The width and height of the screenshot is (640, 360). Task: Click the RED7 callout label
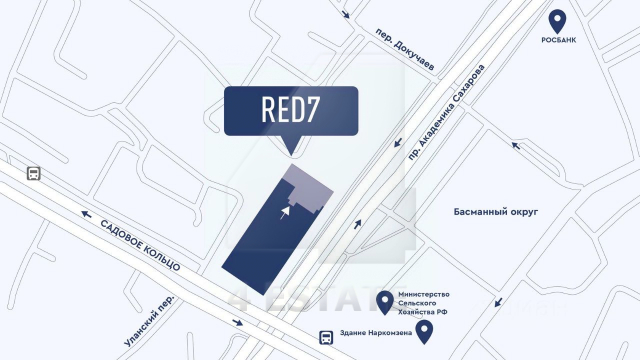291,110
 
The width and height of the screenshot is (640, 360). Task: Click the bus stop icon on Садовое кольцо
34,173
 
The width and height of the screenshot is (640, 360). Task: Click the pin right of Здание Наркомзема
425,331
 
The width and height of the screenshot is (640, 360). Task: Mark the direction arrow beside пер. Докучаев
346,15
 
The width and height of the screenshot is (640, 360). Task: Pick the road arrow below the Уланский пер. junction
237,322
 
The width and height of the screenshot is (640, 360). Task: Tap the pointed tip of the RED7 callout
291,152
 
